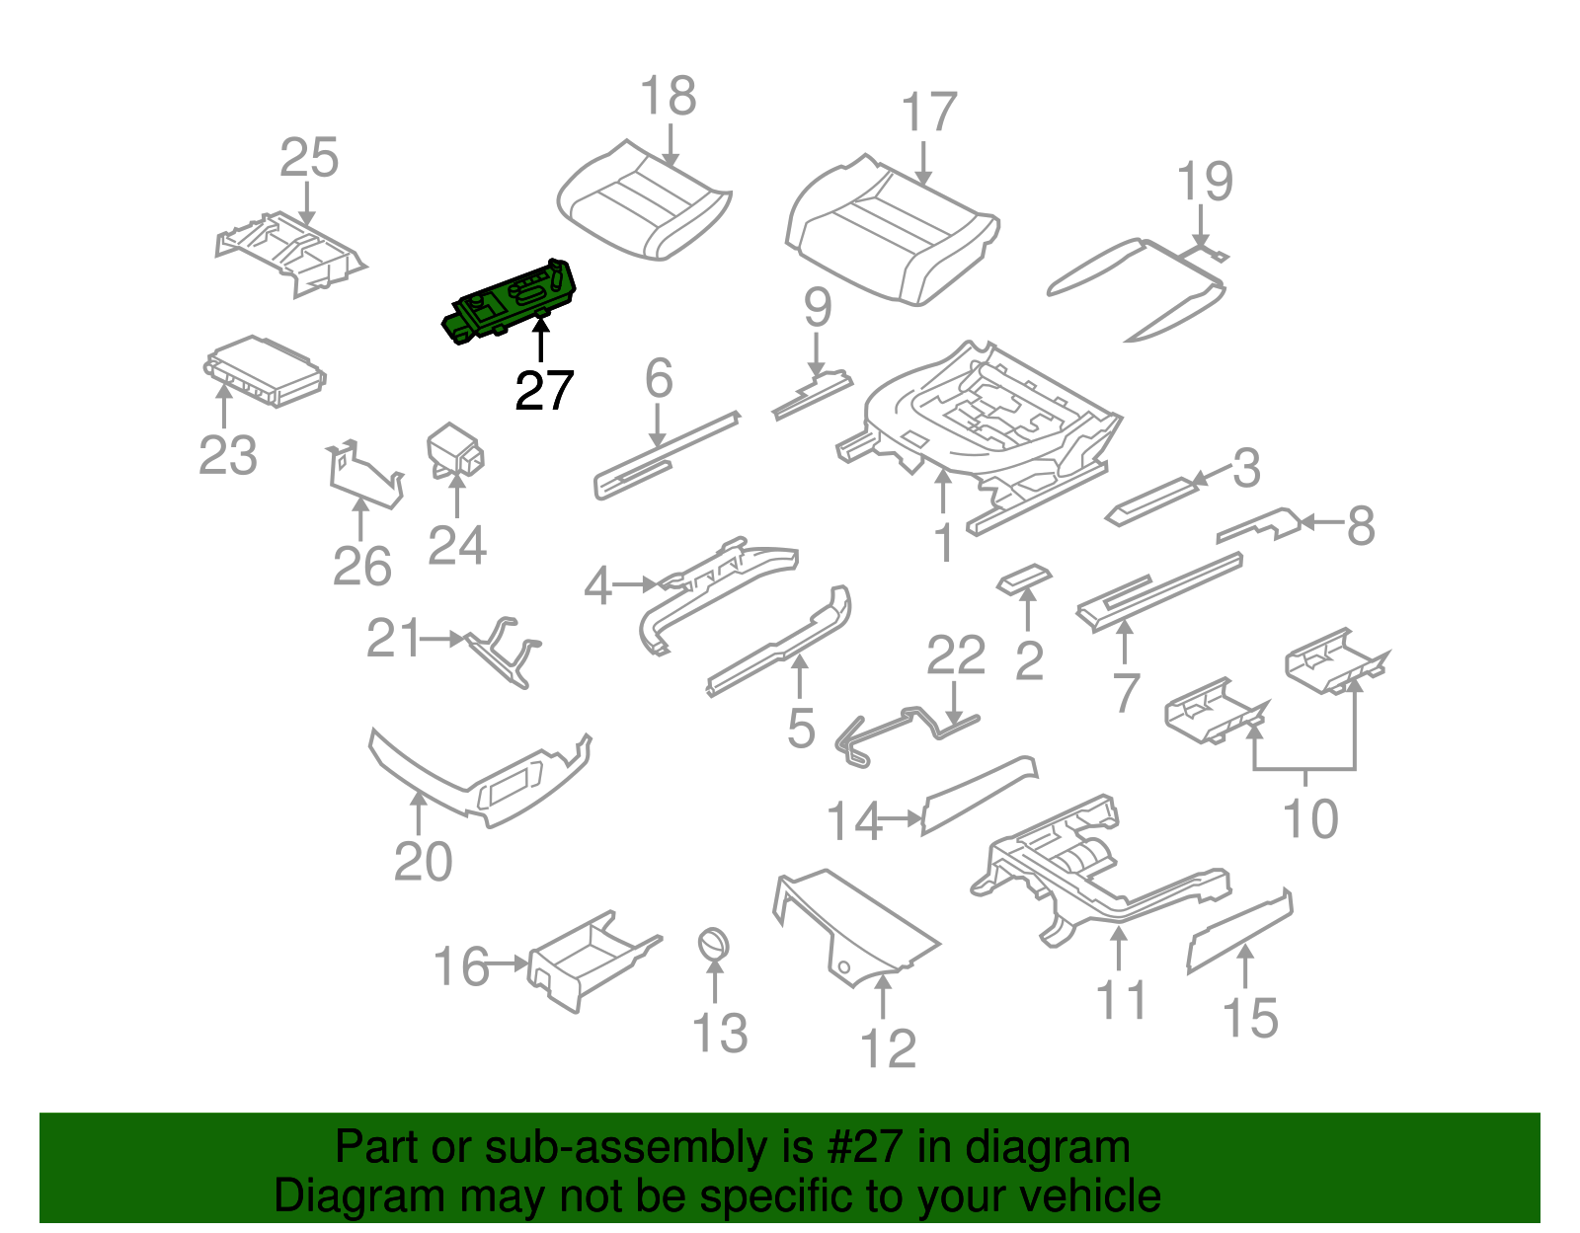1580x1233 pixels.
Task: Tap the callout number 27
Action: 543,392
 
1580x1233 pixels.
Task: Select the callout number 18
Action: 669,97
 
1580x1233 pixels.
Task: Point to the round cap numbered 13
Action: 714,943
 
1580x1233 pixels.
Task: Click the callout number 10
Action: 1309,819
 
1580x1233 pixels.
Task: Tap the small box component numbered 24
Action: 454,449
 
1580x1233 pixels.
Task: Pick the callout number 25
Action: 309,158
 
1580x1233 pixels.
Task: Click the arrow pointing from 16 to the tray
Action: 510,963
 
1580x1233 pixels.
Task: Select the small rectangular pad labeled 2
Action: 1024,578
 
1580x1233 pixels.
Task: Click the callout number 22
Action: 956,655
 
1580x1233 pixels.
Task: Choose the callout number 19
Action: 1205,182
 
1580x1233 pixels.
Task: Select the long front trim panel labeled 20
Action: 474,785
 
